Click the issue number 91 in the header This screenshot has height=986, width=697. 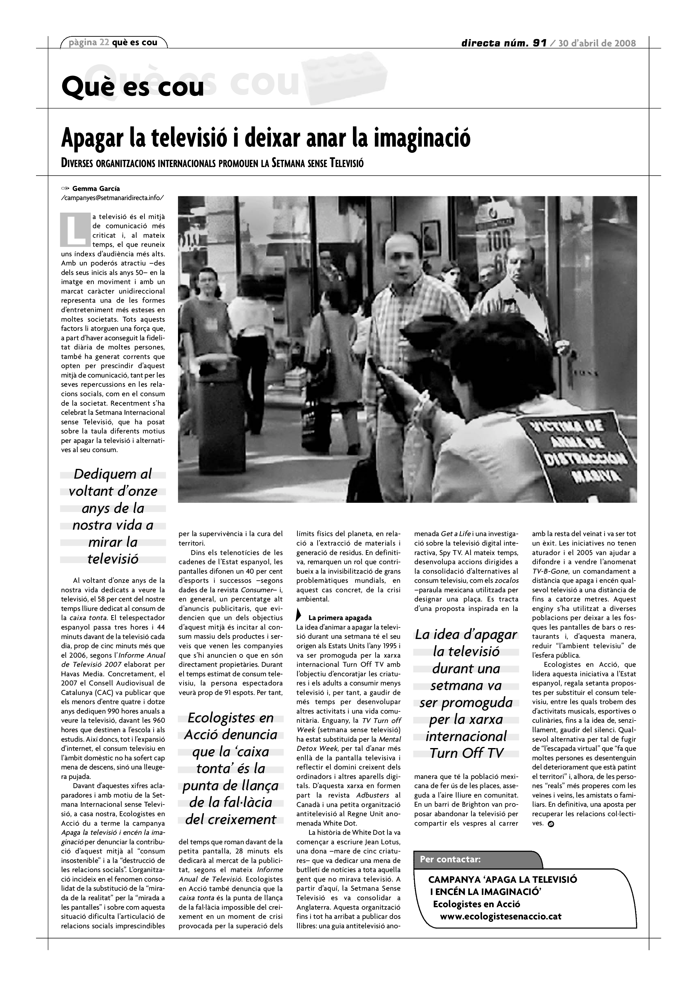(539, 43)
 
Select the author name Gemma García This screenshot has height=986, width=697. (96, 188)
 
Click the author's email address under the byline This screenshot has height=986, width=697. (112, 198)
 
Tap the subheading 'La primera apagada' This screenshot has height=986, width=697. (340, 618)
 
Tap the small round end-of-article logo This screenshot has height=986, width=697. (551, 824)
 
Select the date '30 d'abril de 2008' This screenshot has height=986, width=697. (597, 43)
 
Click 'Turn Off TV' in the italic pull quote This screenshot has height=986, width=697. (466, 753)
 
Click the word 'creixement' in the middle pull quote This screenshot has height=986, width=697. (231, 820)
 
